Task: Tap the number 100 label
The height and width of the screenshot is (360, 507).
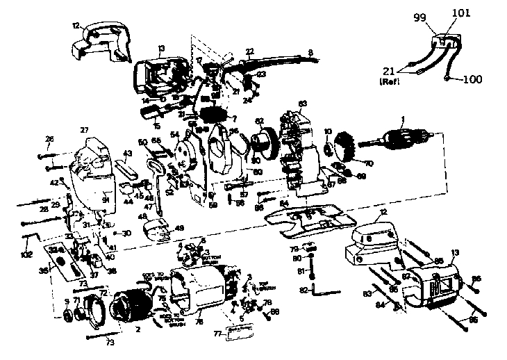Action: point(471,80)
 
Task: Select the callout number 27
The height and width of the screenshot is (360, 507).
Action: point(85,130)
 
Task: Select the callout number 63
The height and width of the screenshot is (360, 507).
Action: point(302,104)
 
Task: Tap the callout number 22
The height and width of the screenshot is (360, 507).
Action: point(250,51)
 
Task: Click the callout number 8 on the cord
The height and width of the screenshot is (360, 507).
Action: point(310,51)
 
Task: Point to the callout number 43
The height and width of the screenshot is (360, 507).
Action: point(127,153)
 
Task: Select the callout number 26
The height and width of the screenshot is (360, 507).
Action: point(49,139)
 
